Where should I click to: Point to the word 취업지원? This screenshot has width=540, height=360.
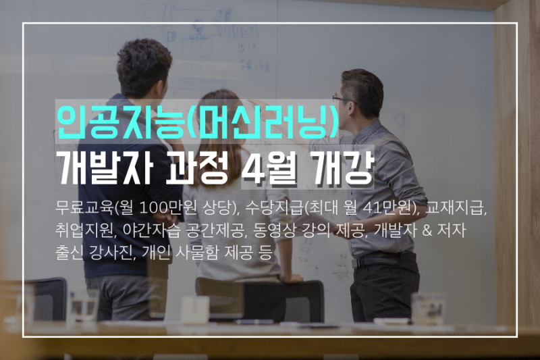tap(84, 230)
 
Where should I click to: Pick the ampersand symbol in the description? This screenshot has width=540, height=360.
tap(427, 230)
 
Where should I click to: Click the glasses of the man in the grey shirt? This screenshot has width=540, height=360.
tap(342, 99)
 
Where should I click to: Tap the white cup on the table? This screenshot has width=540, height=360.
tap(195, 309)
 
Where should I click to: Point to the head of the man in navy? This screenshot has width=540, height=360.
tap(144, 66)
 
